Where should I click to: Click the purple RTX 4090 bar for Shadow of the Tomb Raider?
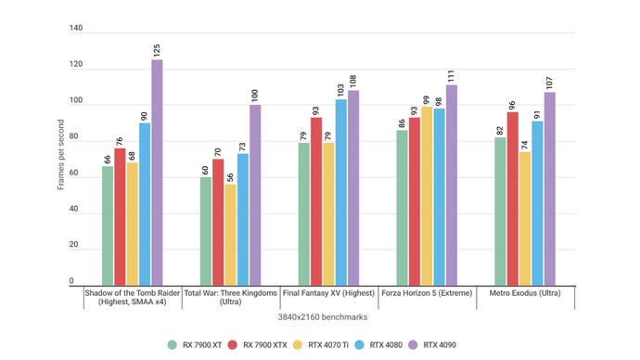(x=157, y=172)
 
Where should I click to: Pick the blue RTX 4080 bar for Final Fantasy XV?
(x=340, y=191)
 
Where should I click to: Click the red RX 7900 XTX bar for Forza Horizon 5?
(x=414, y=200)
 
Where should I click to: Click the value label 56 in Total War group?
(x=231, y=174)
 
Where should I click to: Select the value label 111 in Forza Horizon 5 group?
(x=452, y=74)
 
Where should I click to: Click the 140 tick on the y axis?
(x=76, y=29)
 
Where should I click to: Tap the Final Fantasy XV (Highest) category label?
(x=328, y=292)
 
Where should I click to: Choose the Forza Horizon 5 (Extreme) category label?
(x=427, y=292)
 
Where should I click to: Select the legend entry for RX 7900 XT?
(x=198, y=344)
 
